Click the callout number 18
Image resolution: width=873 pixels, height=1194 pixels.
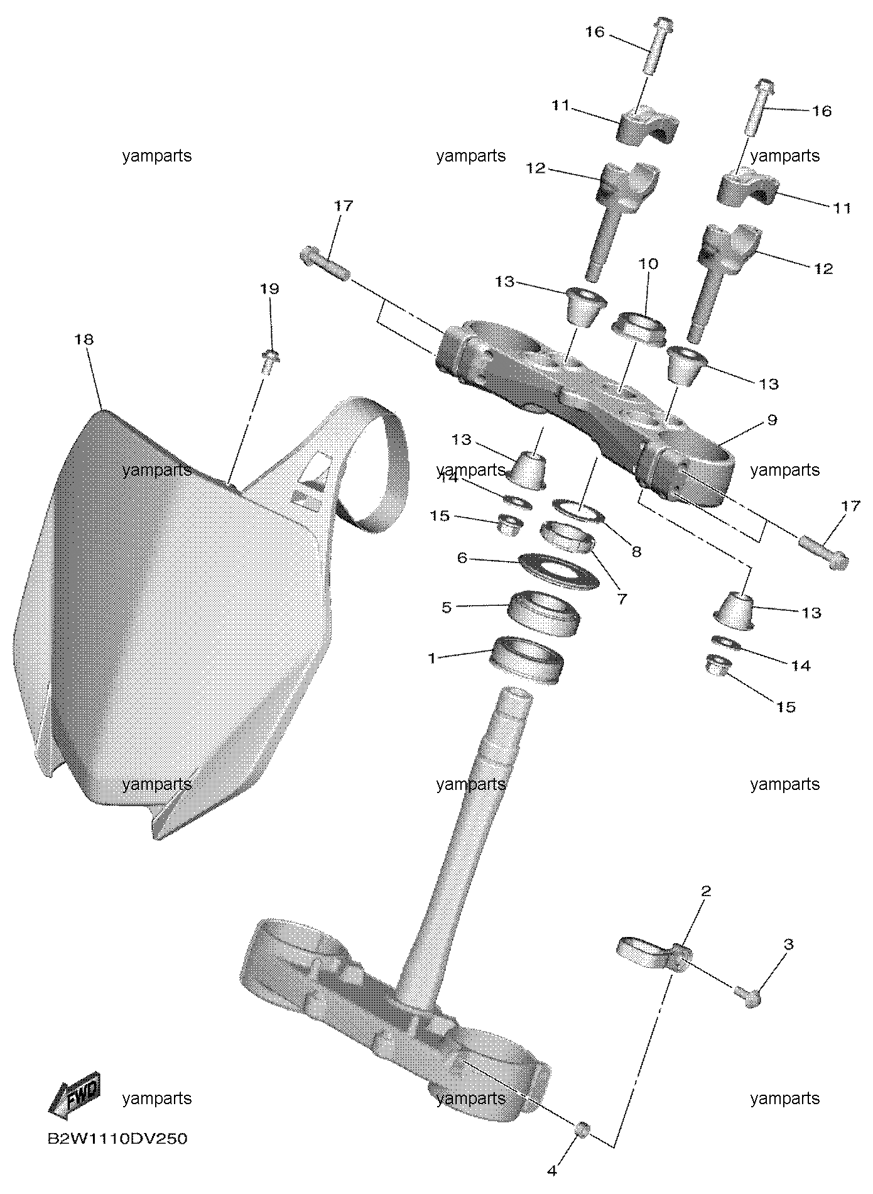point(84,339)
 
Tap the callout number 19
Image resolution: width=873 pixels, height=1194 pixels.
point(269,289)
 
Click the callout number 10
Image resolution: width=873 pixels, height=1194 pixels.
point(648,263)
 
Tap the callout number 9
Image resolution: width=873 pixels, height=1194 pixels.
point(772,420)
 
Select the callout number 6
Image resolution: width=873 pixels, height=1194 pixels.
point(462,557)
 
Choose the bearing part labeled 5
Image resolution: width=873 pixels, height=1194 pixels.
point(542,613)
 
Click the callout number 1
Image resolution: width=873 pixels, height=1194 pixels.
point(431,658)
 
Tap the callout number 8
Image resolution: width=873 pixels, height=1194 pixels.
point(636,552)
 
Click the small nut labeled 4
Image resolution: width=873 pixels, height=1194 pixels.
point(581,1129)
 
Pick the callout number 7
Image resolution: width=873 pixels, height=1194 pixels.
point(622,599)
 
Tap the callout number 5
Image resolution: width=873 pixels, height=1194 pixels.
point(447,607)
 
